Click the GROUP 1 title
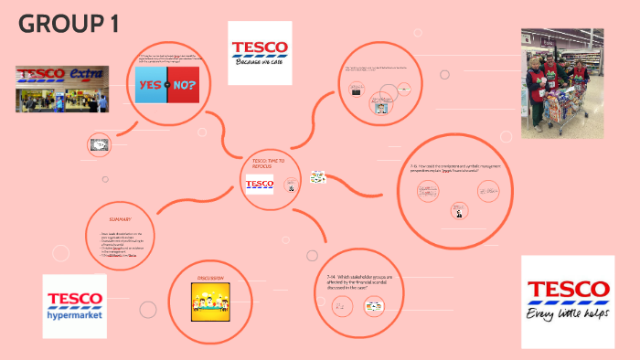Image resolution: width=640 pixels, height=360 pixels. coord(69,26)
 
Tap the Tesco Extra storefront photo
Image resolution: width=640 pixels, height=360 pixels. coord(62,89)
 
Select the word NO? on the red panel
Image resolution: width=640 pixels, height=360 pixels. coord(183,85)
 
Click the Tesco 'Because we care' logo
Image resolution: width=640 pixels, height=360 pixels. coord(260,53)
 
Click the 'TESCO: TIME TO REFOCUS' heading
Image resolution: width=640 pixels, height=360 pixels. coord(268,164)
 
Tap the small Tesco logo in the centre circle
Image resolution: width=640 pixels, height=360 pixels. coord(260,185)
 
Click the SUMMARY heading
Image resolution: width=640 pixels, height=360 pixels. coord(120,219)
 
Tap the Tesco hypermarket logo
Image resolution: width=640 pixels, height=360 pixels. coord(75,306)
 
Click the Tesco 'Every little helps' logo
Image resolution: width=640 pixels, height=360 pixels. coord(567,302)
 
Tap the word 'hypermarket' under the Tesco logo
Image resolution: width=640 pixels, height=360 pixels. coord(75,315)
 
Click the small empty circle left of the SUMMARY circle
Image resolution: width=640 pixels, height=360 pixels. coord(60,253)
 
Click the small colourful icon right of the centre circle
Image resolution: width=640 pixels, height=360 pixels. coord(318,177)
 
